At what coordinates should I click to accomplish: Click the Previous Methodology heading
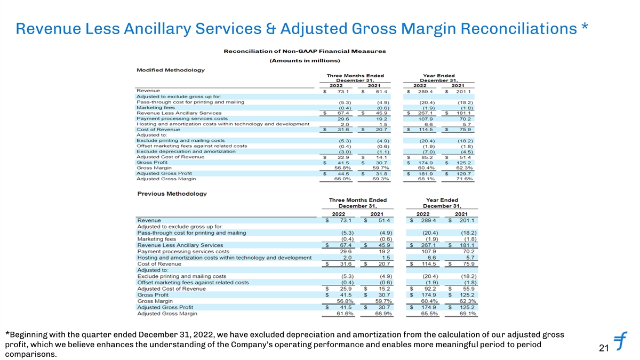[172, 194]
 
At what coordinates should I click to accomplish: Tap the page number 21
[604, 349]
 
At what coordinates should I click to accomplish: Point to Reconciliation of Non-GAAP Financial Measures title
[304, 51]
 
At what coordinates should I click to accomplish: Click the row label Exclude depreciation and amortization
[186, 151]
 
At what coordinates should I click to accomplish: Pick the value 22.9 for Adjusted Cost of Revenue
[343, 157]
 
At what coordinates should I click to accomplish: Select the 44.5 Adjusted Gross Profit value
[343, 173]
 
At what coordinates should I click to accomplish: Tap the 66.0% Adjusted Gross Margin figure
[342, 179]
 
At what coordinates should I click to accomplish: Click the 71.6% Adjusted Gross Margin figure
[464, 179]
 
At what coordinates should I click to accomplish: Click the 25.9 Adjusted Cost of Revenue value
[346, 289]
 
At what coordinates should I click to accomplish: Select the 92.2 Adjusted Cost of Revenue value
[430, 289]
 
